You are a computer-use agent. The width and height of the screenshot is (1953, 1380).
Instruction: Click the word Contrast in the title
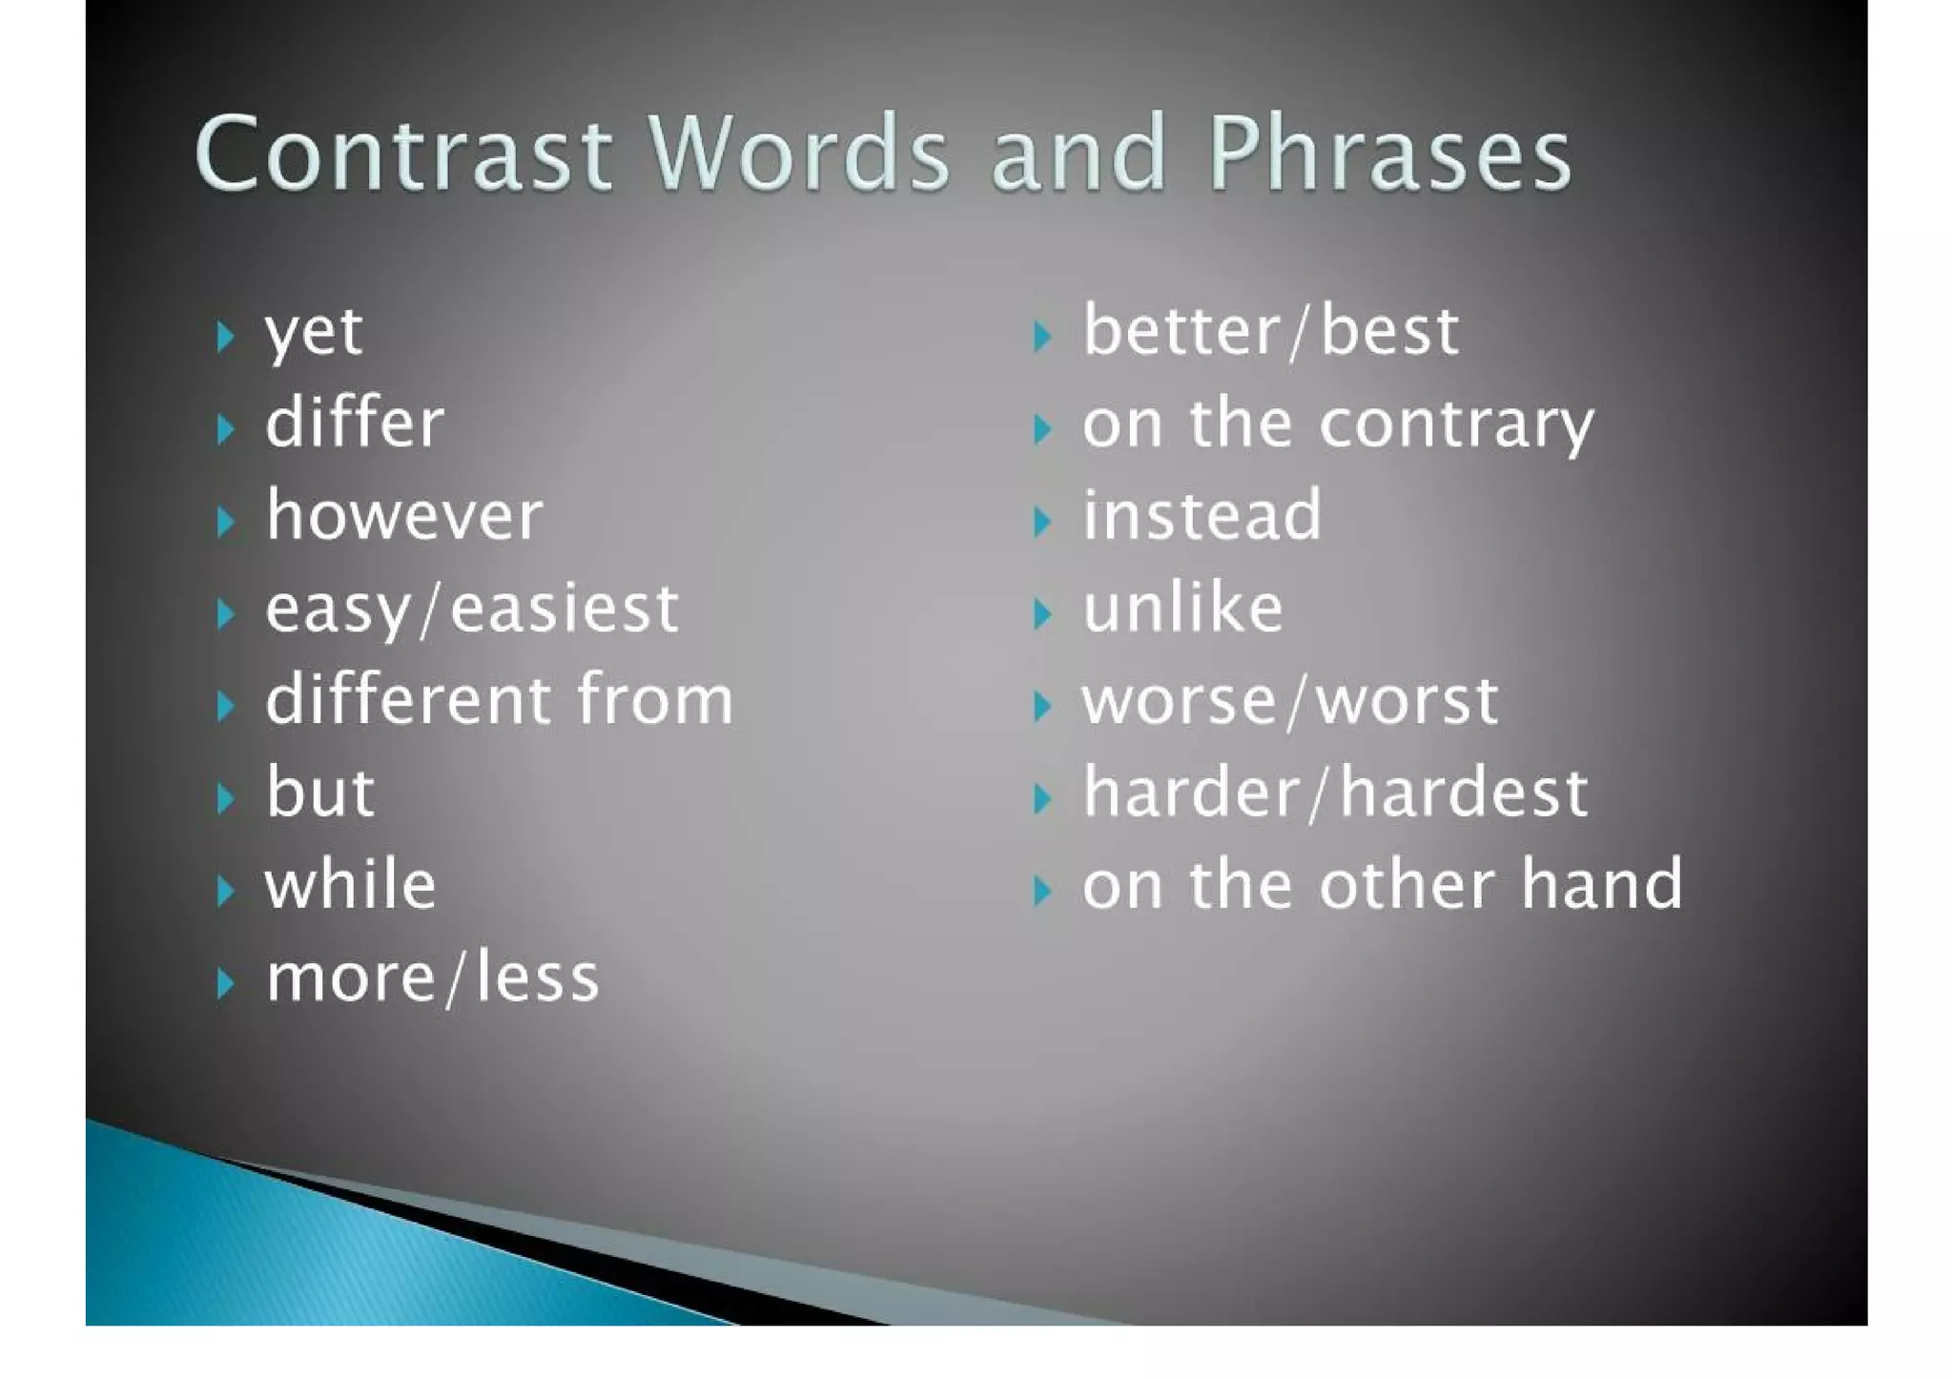pos(402,154)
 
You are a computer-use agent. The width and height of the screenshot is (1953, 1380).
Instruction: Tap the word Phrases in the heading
pos(1389,154)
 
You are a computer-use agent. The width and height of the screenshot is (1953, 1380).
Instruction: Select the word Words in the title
pos(799,154)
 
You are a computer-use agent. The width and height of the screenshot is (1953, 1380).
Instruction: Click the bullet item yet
pos(313,333)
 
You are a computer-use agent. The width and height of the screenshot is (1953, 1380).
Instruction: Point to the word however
pos(404,516)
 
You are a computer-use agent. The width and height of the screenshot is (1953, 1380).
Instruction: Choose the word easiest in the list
pos(564,609)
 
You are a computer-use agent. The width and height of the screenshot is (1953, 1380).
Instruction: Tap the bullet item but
pos(320,793)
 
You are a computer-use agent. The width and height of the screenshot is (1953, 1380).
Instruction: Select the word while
pos(350,885)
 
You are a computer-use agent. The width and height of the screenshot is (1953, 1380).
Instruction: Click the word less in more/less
pos(537,978)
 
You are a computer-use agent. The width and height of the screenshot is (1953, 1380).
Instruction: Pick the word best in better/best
pos(1389,333)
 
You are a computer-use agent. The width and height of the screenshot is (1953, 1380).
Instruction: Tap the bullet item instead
pos(1202,516)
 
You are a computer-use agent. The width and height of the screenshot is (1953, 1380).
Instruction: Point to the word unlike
pos(1182,608)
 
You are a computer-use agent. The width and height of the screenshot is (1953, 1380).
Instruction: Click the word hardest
pos(1464,793)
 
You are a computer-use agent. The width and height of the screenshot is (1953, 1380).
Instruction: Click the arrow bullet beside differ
pos(225,429)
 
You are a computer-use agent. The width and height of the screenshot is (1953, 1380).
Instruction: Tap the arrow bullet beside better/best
pos(1041,337)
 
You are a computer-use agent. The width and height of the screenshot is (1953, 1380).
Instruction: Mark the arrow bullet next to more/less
pos(225,982)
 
